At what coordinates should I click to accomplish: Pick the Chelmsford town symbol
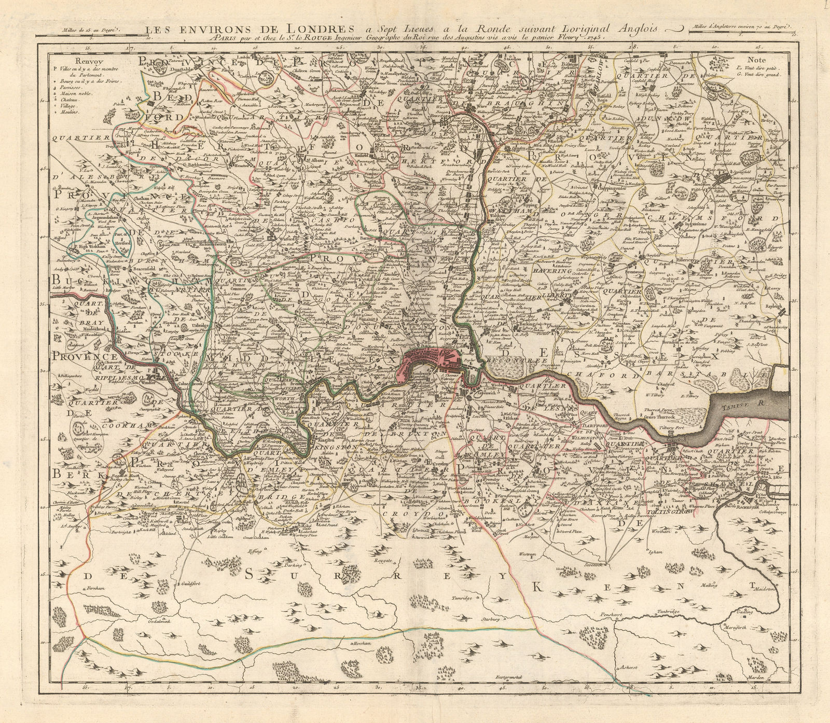click(724, 178)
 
